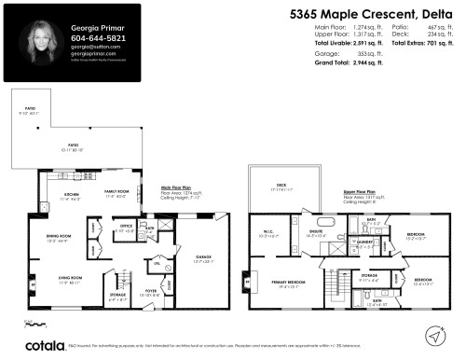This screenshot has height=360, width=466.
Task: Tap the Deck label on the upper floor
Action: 281,186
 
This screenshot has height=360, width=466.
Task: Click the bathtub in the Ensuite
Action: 298,224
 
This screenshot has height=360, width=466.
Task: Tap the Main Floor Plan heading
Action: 178,187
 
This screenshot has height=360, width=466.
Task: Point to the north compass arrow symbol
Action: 436,333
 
